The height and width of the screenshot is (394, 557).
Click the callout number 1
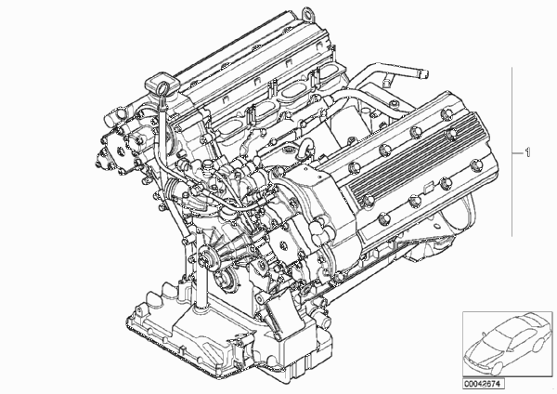(527, 152)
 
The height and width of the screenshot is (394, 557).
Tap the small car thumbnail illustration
(508, 344)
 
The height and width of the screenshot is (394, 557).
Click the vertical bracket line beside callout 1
(512, 151)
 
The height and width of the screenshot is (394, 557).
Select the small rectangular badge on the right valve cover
(428, 188)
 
